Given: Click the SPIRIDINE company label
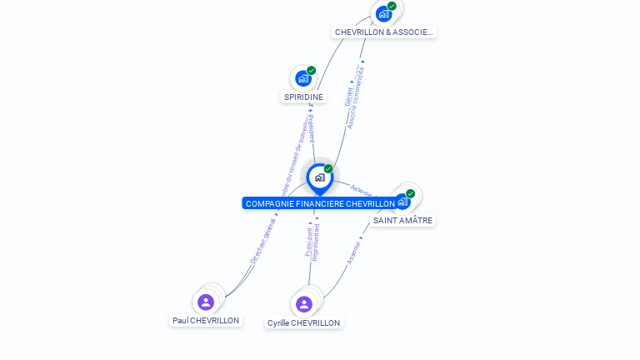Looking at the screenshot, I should click(x=303, y=97).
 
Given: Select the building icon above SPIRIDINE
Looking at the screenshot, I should click(x=302, y=78).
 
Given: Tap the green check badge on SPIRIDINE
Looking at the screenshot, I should click(x=312, y=71).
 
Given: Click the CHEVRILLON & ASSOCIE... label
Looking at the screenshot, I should click(x=383, y=32).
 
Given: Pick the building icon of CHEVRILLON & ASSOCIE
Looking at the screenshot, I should click(x=383, y=13).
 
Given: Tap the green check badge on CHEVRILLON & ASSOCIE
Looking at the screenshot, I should click(x=392, y=6).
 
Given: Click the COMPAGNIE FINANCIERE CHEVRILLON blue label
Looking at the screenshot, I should click(x=320, y=203).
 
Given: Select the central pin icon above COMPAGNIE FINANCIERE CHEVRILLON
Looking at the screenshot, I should click(x=319, y=177).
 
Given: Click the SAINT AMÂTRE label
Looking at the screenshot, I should click(x=402, y=220).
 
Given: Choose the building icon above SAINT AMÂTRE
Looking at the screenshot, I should click(x=402, y=202).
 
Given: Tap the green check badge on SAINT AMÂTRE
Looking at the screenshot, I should click(x=410, y=193).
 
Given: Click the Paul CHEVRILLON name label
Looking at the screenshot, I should click(x=206, y=320).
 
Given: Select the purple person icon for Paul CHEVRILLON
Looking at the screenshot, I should click(x=206, y=302).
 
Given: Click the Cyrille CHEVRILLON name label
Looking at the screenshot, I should click(x=303, y=322).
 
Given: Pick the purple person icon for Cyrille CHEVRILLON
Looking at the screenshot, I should click(x=303, y=304).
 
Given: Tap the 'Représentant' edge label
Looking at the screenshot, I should click(x=316, y=240).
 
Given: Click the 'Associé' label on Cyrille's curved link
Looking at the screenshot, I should click(x=354, y=252).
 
